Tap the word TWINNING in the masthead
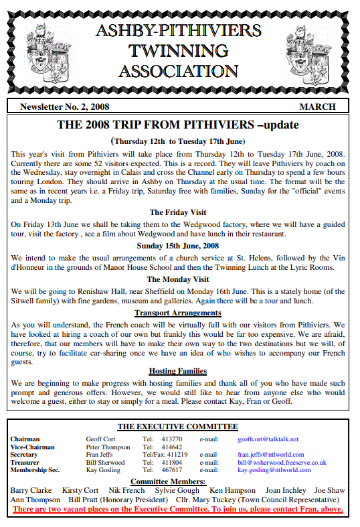click(x=178, y=50)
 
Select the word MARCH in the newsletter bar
click(x=317, y=106)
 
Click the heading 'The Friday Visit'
click(x=178, y=212)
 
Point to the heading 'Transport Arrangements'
click(x=178, y=312)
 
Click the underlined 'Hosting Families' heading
click(x=178, y=370)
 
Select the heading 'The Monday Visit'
click(x=178, y=279)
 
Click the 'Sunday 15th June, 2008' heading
click(x=178, y=246)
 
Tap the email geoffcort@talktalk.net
click(x=268, y=439)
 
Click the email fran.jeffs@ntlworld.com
click(x=271, y=455)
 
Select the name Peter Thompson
click(x=108, y=447)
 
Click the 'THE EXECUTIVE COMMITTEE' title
click(x=177, y=427)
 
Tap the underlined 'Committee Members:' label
click(x=168, y=481)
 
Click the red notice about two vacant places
click(x=178, y=509)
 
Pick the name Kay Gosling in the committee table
click(x=104, y=470)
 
